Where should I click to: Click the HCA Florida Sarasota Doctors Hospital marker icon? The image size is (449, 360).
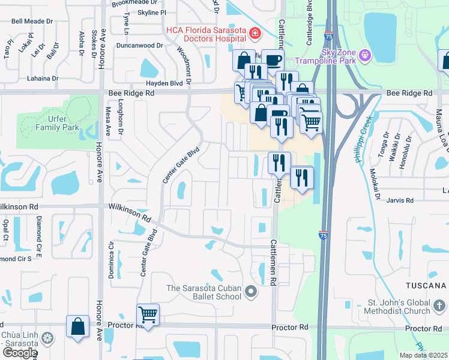[x=256, y=33]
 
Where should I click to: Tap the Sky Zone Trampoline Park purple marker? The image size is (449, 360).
[x=366, y=58]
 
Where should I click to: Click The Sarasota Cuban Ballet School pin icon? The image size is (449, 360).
[x=251, y=293]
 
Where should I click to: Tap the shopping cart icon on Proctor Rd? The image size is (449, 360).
[x=148, y=314]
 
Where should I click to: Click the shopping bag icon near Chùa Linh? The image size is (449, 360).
[x=77, y=327]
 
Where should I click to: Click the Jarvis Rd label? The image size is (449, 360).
[x=401, y=200]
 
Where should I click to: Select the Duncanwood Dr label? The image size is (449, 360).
[x=140, y=45]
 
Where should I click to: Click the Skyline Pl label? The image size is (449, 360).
[x=152, y=13]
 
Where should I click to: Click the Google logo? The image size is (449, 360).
[x=19, y=352]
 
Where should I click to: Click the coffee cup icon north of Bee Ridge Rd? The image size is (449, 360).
[x=273, y=60]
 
